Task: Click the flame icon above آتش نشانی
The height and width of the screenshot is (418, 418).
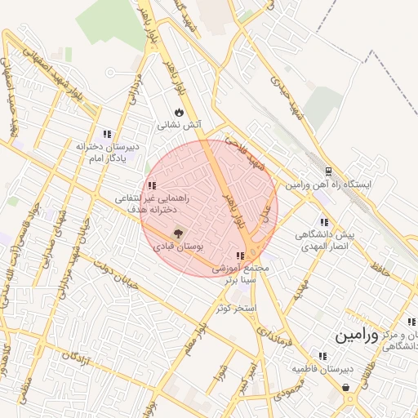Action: point(179,113)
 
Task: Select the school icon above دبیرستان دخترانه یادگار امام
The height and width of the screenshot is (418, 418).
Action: point(107,134)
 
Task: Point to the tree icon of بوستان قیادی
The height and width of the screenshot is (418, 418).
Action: point(179,233)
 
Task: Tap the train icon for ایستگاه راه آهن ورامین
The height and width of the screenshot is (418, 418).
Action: point(328,171)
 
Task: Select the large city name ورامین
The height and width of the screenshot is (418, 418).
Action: point(358,336)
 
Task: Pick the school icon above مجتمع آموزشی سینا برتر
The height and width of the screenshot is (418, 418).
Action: point(240,256)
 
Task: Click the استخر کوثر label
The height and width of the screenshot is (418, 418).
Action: point(237,309)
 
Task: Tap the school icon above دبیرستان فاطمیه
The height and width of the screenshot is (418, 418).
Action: point(323,356)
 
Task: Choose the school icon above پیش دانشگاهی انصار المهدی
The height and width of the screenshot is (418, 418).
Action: point(325,221)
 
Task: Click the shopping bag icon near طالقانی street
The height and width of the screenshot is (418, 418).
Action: point(347,387)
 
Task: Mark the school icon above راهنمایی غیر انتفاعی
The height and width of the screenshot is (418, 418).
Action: point(152,185)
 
